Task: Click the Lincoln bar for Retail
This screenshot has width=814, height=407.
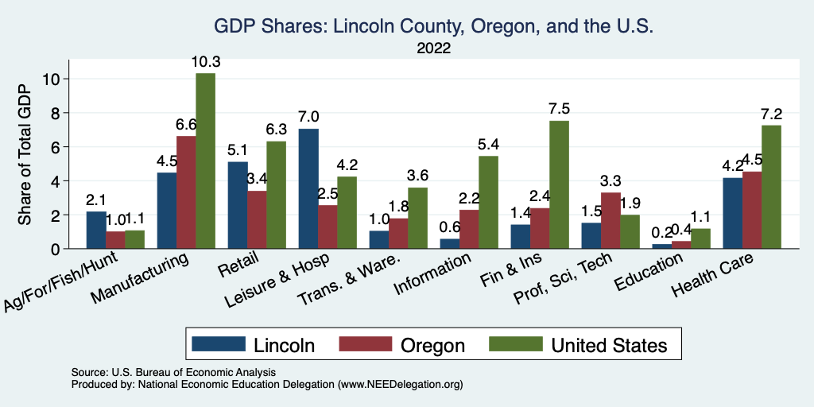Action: coord(238,205)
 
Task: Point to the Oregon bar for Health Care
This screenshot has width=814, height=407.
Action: coord(752,210)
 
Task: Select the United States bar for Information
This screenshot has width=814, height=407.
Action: coord(488,202)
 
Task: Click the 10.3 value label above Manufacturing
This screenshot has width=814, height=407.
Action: coord(205,61)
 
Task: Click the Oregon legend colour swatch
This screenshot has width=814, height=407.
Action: coord(366,344)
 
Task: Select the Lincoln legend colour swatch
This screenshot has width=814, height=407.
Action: coord(219,344)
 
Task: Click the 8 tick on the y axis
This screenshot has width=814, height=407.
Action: coord(54,113)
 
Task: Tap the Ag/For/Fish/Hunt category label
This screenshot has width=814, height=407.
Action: coord(62,281)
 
